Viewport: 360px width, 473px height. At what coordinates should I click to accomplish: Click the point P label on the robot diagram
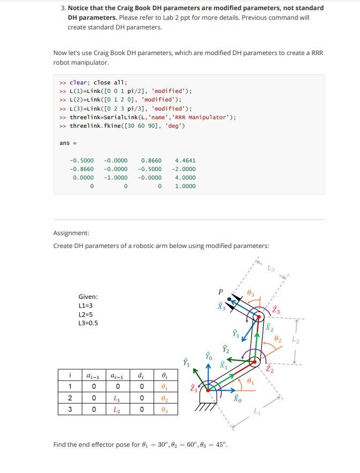(x=220, y=292)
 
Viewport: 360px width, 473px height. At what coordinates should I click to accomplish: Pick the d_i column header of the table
(x=140, y=376)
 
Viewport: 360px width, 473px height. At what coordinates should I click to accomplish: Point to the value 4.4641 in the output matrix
(x=185, y=160)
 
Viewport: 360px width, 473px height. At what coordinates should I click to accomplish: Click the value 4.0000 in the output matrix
(x=185, y=177)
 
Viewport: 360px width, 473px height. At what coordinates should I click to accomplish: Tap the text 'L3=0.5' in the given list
(x=88, y=323)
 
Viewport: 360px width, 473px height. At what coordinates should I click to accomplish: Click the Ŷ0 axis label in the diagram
(x=209, y=355)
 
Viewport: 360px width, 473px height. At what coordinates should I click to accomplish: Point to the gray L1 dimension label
(x=257, y=412)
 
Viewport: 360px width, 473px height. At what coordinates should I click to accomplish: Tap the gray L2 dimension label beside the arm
(x=296, y=339)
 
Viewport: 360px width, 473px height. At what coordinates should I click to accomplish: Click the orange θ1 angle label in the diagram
(x=251, y=382)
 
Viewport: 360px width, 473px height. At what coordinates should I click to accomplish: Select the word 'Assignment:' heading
(x=71, y=233)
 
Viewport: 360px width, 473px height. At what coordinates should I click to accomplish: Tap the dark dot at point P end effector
(x=229, y=299)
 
